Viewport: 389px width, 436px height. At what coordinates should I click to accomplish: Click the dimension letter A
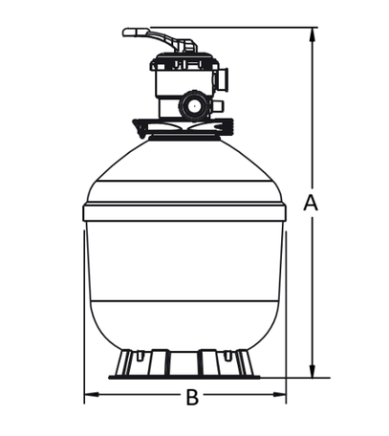point(311,203)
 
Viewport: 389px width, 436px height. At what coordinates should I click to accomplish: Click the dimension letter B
point(192,397)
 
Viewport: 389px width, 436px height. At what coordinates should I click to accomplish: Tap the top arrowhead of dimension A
point(313,34)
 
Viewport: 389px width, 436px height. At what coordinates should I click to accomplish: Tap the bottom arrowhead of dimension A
point(313,371)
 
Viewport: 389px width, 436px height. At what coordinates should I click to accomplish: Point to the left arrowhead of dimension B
point(92,395)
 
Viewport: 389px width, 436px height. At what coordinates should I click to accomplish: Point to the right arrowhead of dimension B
point(279,395)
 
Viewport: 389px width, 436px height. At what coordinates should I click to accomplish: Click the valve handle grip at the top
point(136,33)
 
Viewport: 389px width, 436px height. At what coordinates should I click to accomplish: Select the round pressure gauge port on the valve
point(193,105)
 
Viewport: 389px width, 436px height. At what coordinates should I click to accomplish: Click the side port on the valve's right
point(223,78)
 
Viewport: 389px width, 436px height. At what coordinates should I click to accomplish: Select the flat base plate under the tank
point(184,378)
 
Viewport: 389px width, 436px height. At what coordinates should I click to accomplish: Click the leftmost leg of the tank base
point(124,363)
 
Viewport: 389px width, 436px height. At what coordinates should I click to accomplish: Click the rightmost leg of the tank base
point(245,363)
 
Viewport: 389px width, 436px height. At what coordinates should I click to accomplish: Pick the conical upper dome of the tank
point(184,160)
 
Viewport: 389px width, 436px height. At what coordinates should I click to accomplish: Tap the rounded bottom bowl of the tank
point(184,325)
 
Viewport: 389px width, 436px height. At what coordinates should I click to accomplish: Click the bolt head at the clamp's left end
point(140,128)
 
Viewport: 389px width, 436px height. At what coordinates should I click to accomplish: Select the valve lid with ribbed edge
point(184,60)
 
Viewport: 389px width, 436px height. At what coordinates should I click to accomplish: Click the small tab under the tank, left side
point(140,356)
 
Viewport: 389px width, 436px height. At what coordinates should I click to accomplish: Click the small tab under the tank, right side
point(227,356)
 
